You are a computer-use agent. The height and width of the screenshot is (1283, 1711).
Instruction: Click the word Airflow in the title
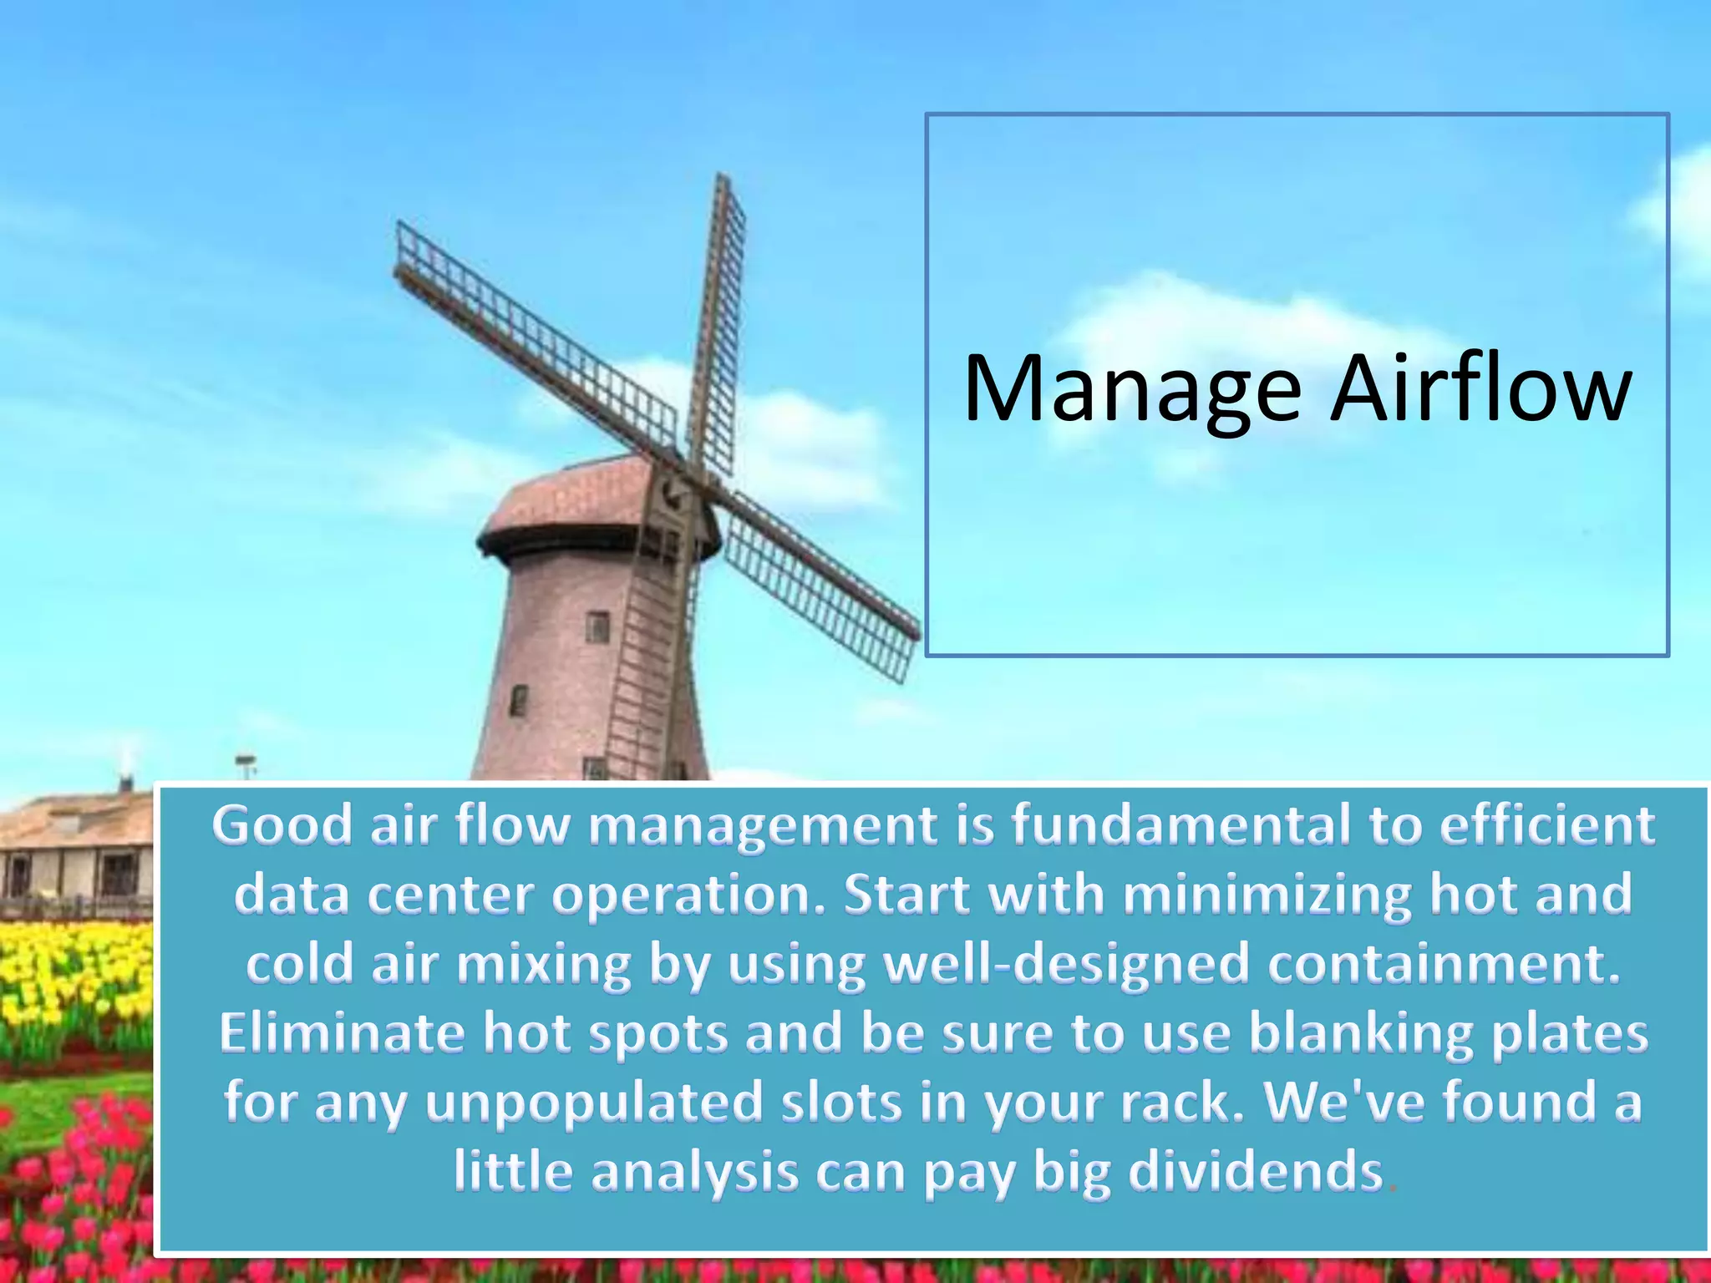pyautogui.click(x=1480, y=388)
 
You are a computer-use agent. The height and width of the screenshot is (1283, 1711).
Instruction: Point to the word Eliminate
pyautogui.click(x=342, y=1033)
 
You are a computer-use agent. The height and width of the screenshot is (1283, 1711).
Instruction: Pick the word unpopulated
pyautogui.click(x=594, y=1103)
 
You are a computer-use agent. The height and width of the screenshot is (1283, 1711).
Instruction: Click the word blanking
pyautogui.click(x=1360, y=1033)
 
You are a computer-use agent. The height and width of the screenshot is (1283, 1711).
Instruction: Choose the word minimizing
pyautogui.click(x=1267, y=895)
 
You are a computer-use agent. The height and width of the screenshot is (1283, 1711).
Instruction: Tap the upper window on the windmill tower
pyautogui.click(x=597, y=626)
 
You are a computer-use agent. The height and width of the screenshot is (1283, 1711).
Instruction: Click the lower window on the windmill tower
pyautogui.click(x=519, y=700)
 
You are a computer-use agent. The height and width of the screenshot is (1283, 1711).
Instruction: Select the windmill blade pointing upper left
pyautogui.click(x=535, y=334)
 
